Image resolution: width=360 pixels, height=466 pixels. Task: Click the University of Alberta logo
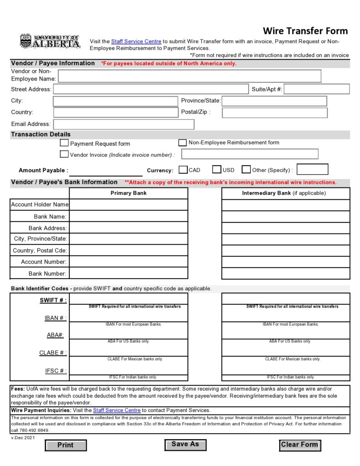[50, 42]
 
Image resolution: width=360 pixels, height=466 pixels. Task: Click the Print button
[66, 445]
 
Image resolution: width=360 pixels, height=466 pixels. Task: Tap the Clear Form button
[299, 445]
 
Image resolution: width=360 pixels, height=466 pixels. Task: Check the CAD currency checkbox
[183, 170]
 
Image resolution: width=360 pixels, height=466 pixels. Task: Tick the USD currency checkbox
[217, 170]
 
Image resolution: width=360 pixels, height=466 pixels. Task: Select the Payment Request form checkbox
[64, 143]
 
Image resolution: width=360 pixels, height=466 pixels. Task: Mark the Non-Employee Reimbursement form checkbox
[183, 143]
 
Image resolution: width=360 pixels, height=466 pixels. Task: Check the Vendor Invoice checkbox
[64, 154]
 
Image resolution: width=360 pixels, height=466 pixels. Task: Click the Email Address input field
[123, 124]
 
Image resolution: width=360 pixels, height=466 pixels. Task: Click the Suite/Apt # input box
[317, 89]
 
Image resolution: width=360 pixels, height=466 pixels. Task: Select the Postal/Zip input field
[274, 112]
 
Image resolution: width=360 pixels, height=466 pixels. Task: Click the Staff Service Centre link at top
[136, 41]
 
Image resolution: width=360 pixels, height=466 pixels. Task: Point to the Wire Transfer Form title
[305, 31]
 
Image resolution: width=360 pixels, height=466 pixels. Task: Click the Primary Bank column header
[129, 193]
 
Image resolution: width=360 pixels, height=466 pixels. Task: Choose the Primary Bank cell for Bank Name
[129, 216]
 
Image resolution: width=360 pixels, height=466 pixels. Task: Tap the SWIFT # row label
[53, 300]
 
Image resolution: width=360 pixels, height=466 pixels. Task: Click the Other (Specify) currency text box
[312, 170]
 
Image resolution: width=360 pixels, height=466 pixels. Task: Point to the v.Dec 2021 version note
[22, 438]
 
